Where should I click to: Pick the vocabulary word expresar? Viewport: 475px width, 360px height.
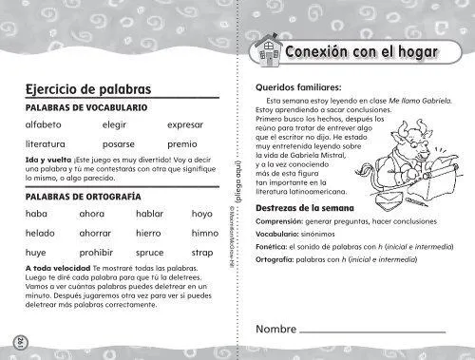click(x=185, y=124)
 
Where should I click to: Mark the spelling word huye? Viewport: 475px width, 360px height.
click(x=37, y=254)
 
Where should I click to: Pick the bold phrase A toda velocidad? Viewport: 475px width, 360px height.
click(x=59, y=269)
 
